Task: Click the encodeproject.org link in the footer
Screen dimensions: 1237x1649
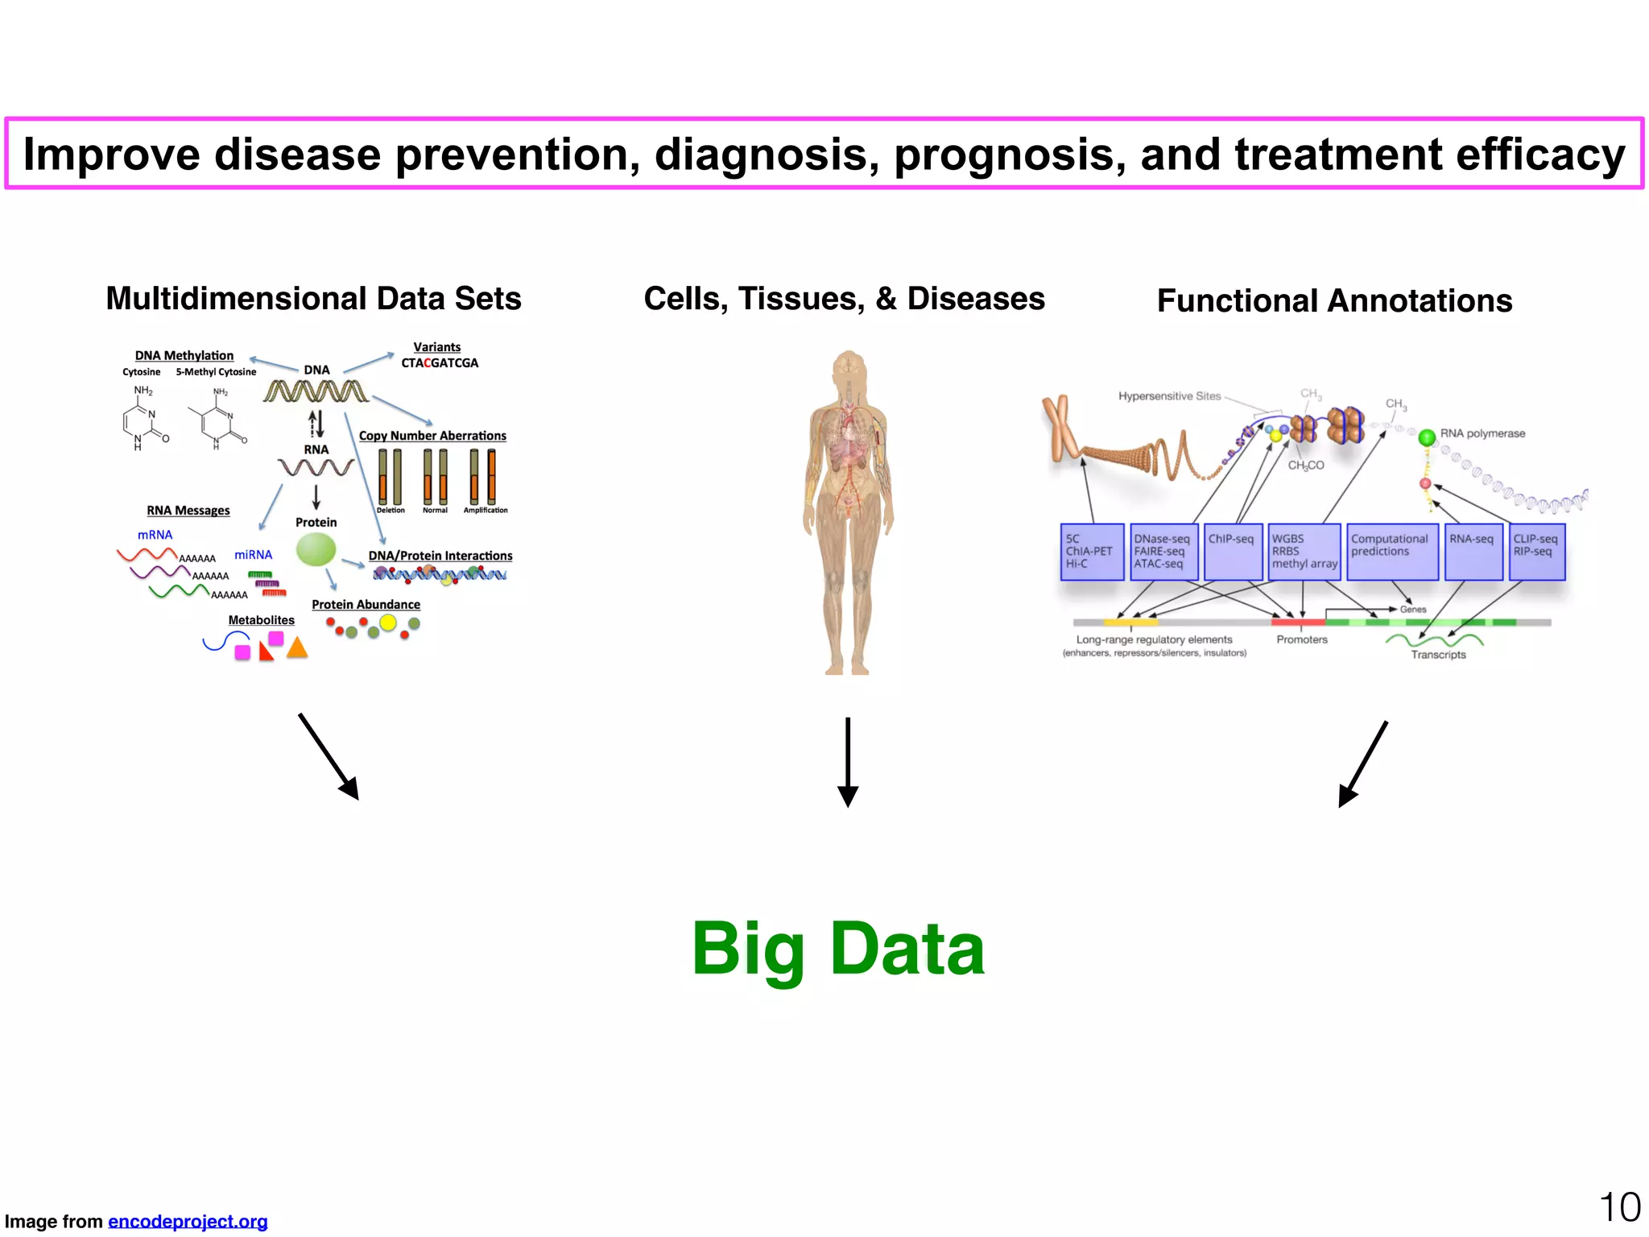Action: click(x=188, y=1222)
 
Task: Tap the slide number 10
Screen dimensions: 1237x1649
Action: click(x=1619, y=1208)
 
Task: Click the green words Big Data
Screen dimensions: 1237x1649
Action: click(x=838, y=950)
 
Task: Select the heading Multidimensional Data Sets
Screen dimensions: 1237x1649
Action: click(x=313, y=299)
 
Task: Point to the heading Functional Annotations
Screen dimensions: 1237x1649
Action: click(x=1334, y=301)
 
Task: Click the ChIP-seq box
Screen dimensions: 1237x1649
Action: click(x=1233, y=552)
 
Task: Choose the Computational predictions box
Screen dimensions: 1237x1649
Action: click(x=1392, y=552)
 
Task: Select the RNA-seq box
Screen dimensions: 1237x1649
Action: click(x=1473, y=552)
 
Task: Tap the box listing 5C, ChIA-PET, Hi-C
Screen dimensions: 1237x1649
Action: click(x=1092, y=552)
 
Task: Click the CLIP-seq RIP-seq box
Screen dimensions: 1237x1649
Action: click(x=1537, y=552)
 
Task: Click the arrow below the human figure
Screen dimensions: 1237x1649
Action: click(x=848, y=761)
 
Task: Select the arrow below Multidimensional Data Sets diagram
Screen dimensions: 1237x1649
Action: click(x=329, y=756)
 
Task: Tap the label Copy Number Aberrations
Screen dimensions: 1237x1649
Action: click(x=432, y=436)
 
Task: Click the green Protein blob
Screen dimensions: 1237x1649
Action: click(x=316, y=550)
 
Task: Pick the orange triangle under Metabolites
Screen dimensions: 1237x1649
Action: click(x=297, y=648)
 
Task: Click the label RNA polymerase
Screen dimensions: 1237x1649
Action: click(x=1482, y=433)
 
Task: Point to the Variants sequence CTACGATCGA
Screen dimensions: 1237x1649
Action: click(x=440, y=363)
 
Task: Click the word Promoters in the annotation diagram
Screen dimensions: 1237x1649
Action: click(x=1302, y=639)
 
